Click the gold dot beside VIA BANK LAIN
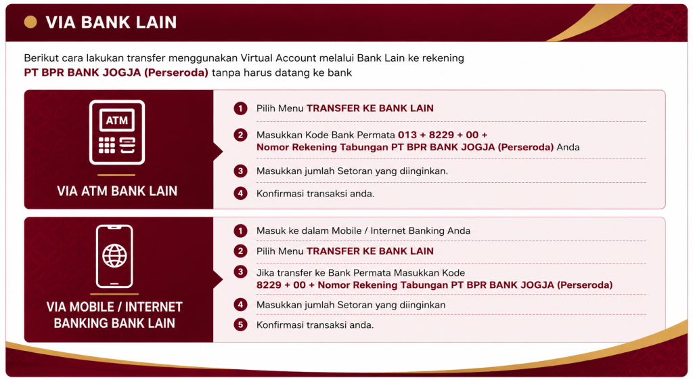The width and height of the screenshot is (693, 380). [30, 22]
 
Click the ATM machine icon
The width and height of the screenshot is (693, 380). [116, 132]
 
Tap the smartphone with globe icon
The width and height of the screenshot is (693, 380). [114, 256]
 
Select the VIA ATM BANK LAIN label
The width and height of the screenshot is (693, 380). [117, 190]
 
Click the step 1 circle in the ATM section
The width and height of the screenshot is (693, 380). [240, 108]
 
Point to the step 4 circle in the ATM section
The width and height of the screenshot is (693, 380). [240, 193]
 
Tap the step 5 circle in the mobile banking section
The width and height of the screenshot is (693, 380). [240, 324]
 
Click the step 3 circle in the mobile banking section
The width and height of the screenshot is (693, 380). [240, 272]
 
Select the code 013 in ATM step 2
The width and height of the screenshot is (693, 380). [407, 135]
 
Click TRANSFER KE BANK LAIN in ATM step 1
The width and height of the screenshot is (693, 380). [370, 108]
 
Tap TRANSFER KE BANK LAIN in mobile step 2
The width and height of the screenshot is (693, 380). [370, 251]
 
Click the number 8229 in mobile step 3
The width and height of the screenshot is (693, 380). [269, 285]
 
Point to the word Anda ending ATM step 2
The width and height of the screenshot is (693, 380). [568, 147]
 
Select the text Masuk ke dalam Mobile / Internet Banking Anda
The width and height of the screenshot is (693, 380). [363, 231]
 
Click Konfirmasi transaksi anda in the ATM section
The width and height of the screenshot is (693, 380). [315, 194]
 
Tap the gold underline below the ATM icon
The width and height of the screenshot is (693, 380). [116, 175]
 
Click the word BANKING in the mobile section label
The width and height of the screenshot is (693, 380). [82, 323]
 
